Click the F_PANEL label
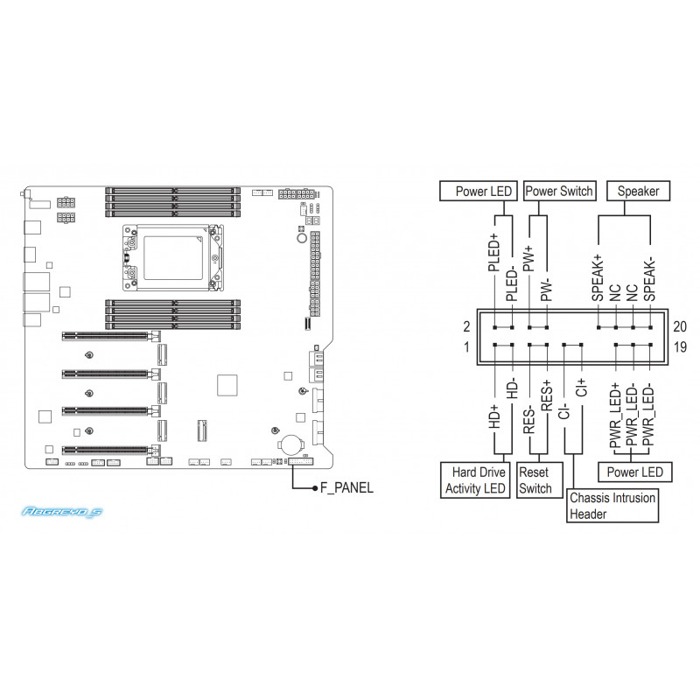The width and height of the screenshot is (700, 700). click(x=346, y=488)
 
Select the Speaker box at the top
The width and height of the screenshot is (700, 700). click(x=638, y=191)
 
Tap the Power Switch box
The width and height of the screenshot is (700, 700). click(x=559, y=191)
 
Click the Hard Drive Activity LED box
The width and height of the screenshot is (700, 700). click(x=475, y=479)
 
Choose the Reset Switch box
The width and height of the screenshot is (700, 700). click(x=539, y=479)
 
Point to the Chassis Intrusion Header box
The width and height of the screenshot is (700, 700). click(x=612, y=506)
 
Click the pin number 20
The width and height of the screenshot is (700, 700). click(x=680, y=326)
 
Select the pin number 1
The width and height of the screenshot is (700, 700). click(x=466, y=346)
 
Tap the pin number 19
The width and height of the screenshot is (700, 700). click(x=680, y=346)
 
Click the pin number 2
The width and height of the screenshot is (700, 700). click(x=466, y=326)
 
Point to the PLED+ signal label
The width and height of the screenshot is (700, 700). click(x=493, y=252)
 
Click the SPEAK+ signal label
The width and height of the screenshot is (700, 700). click(x=598, y=278)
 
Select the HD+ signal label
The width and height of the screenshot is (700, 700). click(x=493, y=416)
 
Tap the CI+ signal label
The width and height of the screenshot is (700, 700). click(x=581, y=387)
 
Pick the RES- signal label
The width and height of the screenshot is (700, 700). click(x=528, y=419)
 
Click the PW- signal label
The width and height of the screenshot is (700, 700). click(x=546, y=290)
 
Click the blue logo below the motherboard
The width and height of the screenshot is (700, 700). click(x=62, y=512)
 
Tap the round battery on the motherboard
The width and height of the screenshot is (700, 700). click(x=290, y=444)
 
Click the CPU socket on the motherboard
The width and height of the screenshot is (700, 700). click(x=173, y=258)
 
